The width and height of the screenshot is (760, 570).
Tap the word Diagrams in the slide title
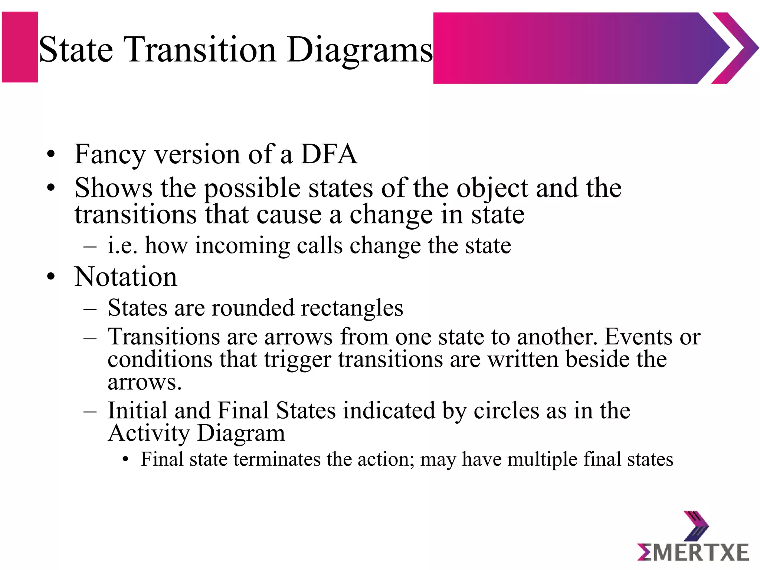(359, 50)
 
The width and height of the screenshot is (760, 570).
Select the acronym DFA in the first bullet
(329, 154)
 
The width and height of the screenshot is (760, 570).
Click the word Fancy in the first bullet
(110, 155)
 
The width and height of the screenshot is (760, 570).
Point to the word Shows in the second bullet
(113, 188)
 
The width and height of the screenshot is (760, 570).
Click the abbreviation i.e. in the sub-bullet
(122, 245)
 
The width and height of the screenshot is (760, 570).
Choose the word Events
(638, 337)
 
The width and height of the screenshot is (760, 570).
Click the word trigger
(297, 360)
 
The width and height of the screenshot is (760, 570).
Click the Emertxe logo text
(693, 552)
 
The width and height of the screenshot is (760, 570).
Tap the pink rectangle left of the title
(20, 47)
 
